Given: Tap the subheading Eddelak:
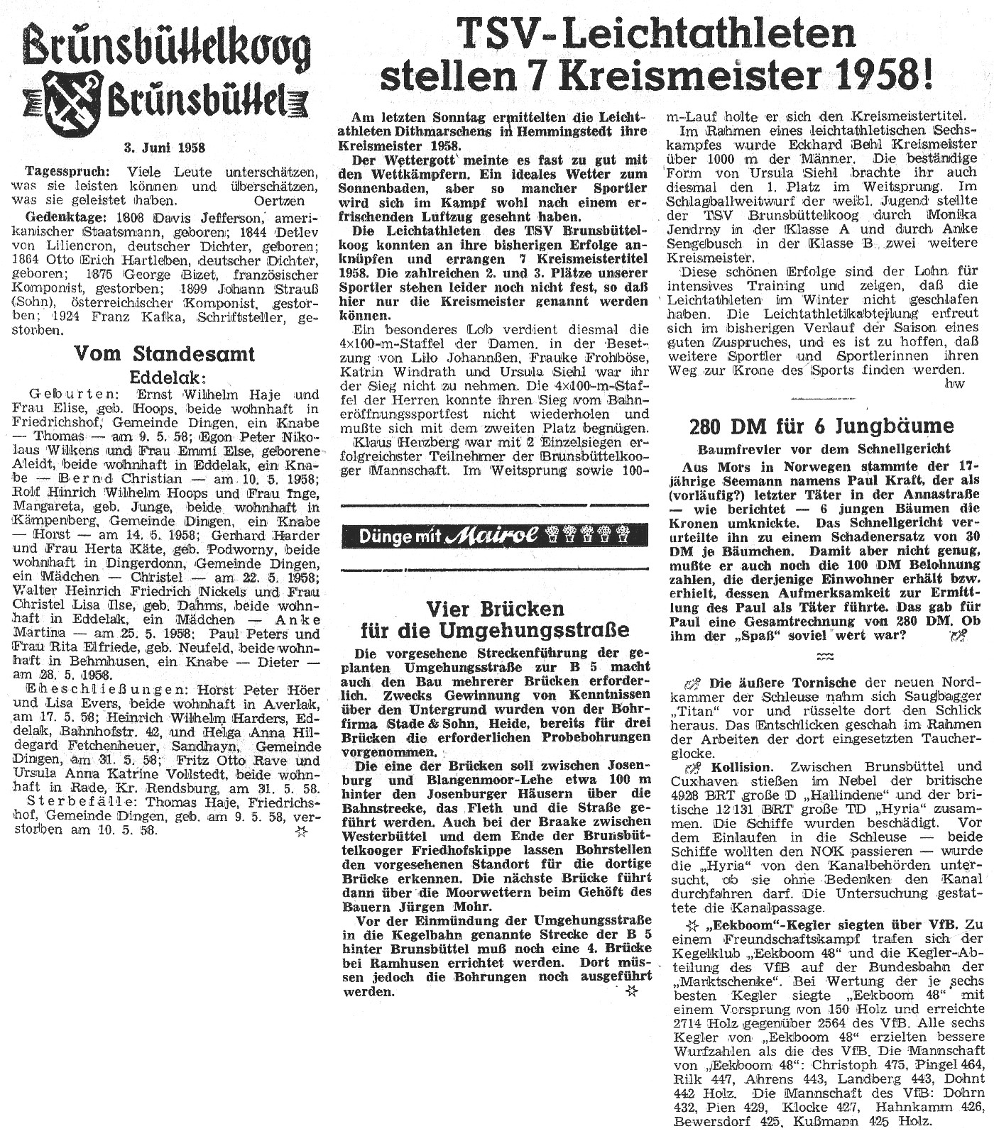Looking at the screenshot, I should (164, 376).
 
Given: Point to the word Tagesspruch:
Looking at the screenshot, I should (67, 172).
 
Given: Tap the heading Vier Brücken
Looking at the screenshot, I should (495, 608).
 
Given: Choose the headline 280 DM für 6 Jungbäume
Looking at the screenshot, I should (821, 426).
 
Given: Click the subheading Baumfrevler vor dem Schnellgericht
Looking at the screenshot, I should (824, 448).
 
